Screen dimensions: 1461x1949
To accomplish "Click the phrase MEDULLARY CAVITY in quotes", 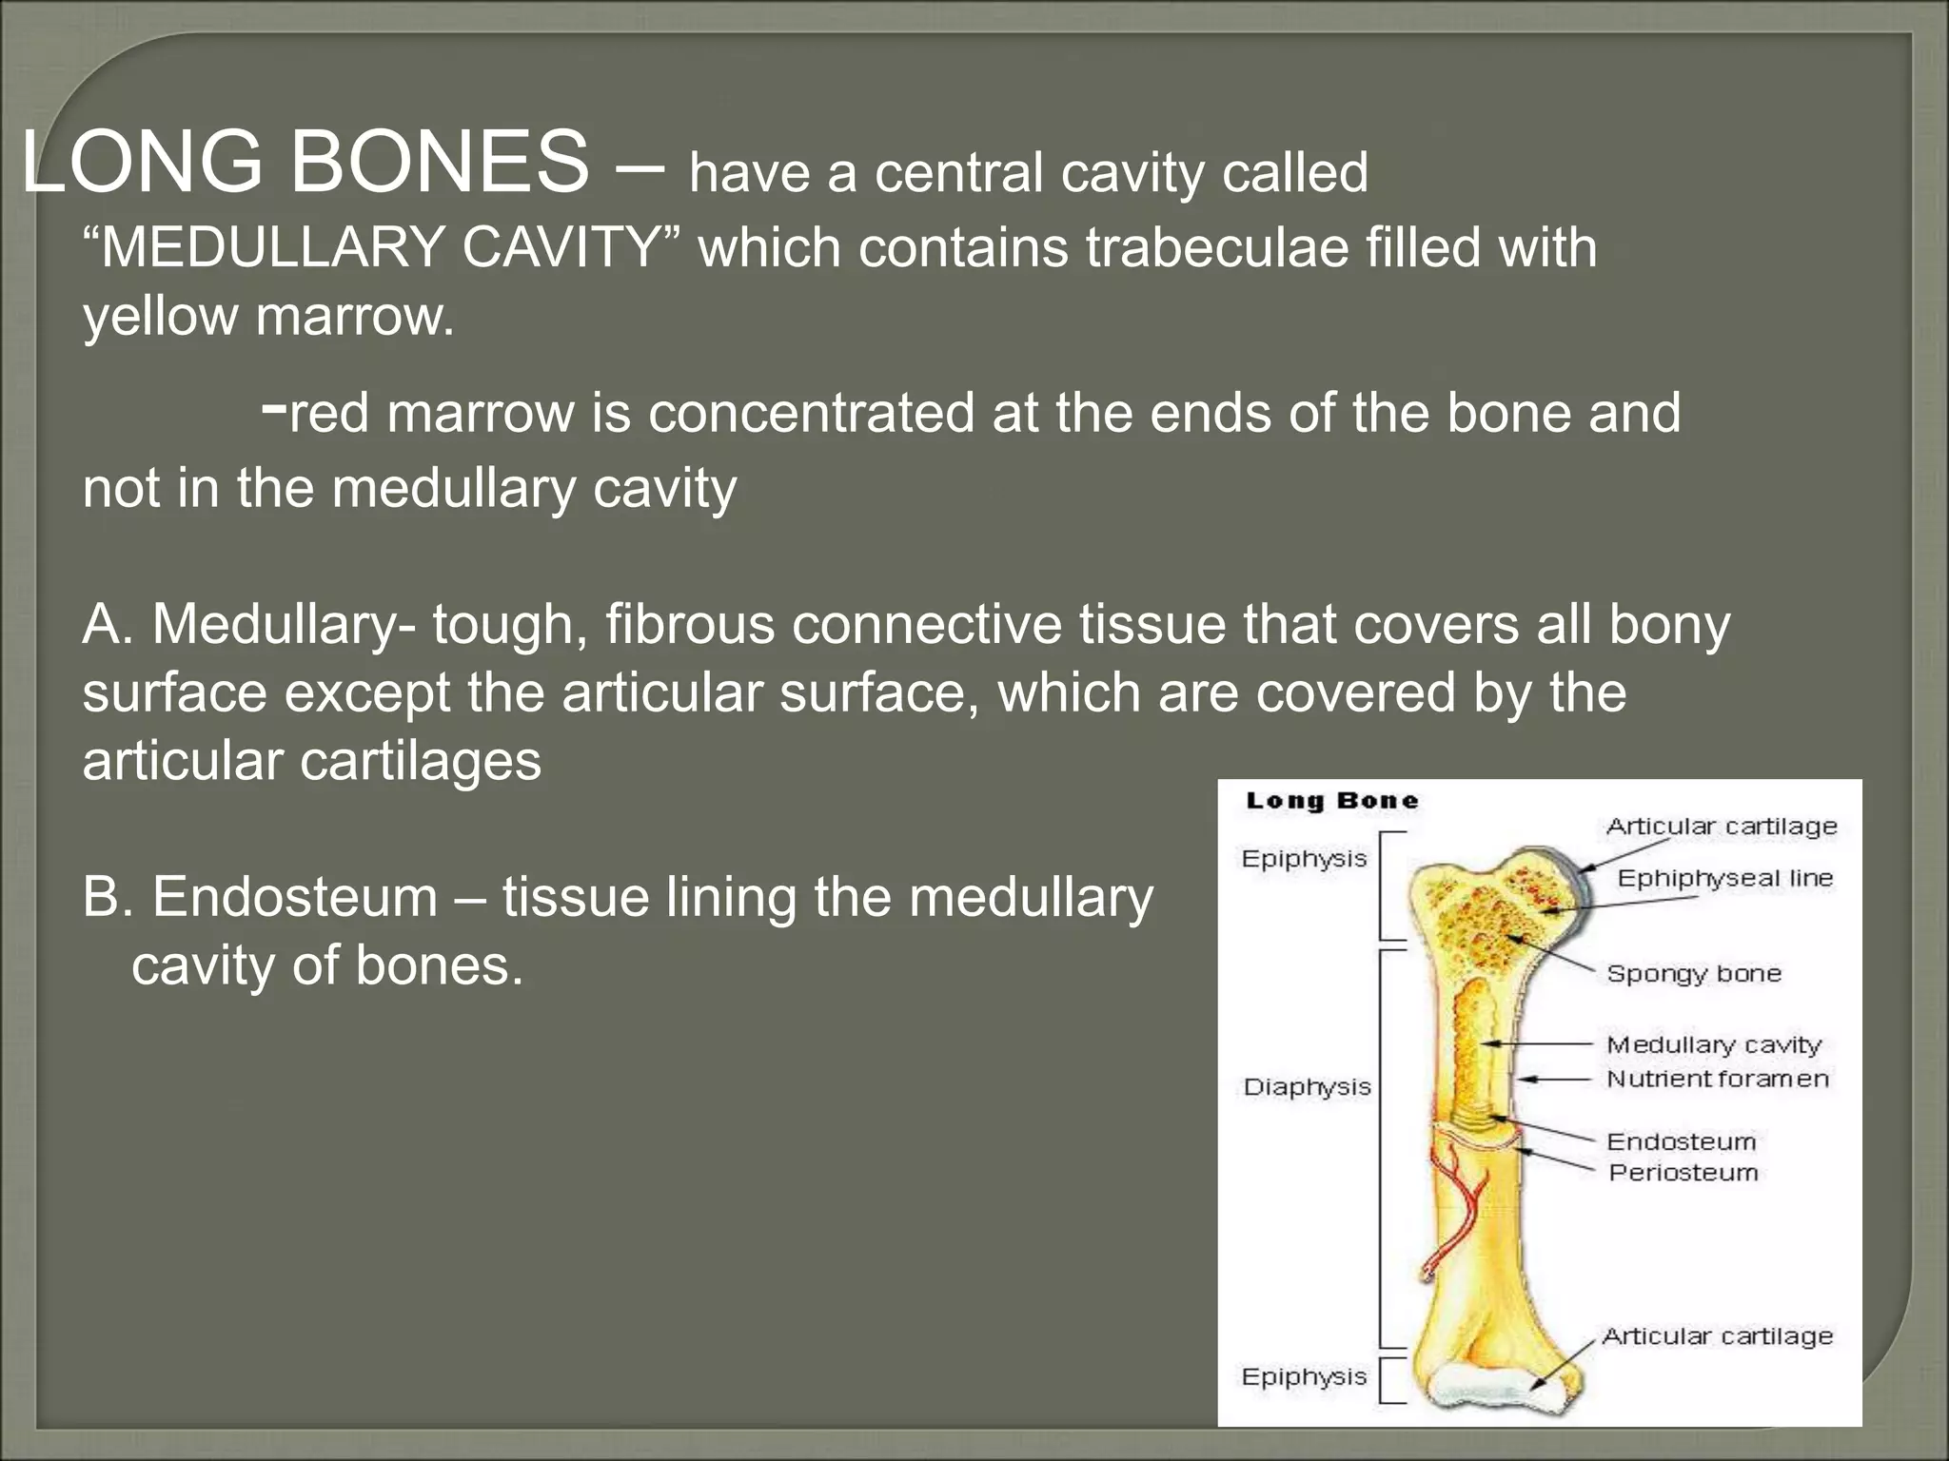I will tap(382, 247).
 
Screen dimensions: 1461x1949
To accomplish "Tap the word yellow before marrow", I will tap(161, 316).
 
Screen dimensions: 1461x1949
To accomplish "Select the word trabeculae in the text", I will tap(1217, 247).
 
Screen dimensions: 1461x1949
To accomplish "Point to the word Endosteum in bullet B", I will tap(295, 897).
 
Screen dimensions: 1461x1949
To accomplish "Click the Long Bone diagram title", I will tap(1331, 801).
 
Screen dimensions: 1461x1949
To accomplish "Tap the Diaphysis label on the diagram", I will tap(1307, 1087).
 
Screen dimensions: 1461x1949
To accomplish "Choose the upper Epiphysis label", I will tap(1304, 859).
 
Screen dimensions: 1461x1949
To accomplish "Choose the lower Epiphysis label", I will tap(1304, 1376).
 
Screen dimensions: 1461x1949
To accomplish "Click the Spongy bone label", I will tap(1693, 973).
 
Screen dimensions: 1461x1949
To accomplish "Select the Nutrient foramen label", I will tap(1717, 1079).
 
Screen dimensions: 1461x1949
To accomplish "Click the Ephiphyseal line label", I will tap(1724, 878).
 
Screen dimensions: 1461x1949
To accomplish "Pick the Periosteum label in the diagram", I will tap(1683, 1172).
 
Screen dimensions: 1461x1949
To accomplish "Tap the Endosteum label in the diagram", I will tap(1681, 1141).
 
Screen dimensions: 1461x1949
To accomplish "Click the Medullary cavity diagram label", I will tap(1713, 1044).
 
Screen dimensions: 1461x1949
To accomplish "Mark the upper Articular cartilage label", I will tap(1721, 827).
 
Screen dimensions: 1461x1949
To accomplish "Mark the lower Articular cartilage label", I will tap(1717, 1336).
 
